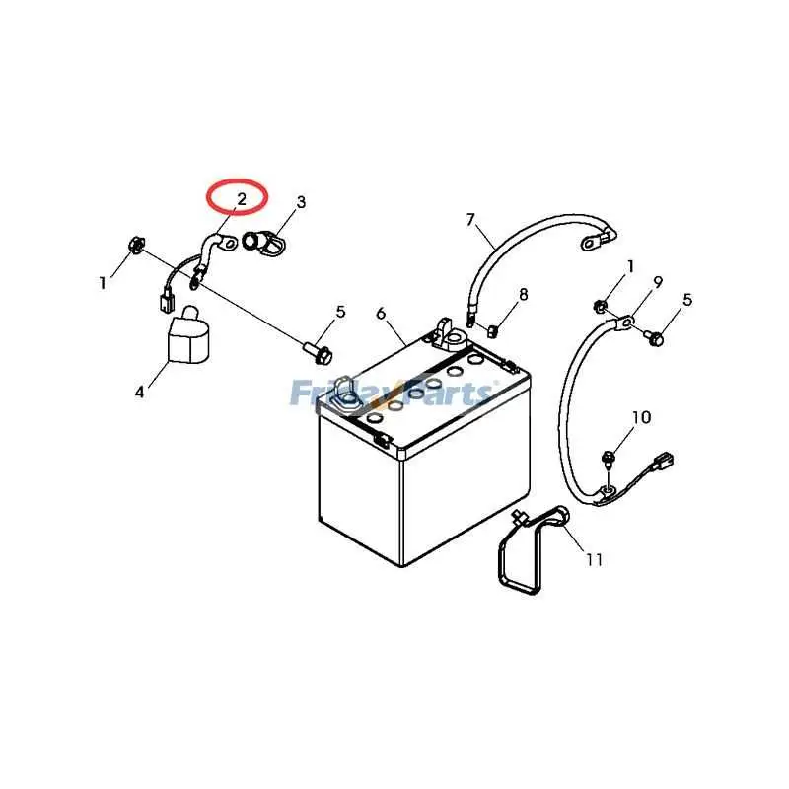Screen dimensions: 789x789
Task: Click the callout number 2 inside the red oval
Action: coord(242,199)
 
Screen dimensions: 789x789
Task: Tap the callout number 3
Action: coord(301,202)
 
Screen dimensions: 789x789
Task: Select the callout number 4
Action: coord(139,392)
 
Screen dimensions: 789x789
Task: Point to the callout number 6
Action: coord(381,314)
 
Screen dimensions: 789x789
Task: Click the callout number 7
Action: coord(470,220)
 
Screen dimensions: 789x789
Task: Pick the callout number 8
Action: coord(524,294)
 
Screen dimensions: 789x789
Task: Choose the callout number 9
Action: coord(658,283)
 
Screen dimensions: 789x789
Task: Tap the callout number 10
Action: coord(642,417)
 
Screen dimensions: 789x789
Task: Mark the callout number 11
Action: coord(595,559)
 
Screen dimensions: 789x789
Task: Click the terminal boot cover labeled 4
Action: coord(186,336)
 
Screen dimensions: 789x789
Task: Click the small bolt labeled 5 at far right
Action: coord(654,337)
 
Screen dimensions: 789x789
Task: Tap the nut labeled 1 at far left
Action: coord(135,244)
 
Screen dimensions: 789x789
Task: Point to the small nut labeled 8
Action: coord(492,332)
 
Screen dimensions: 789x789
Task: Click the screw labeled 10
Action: coord(608,459)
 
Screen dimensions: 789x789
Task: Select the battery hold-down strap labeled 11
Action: coord(534,551)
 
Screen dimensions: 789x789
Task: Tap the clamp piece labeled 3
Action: coord(263,242)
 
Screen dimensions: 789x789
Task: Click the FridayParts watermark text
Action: coord(392,393)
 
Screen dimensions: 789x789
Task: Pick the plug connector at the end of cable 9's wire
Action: coord(664,462)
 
